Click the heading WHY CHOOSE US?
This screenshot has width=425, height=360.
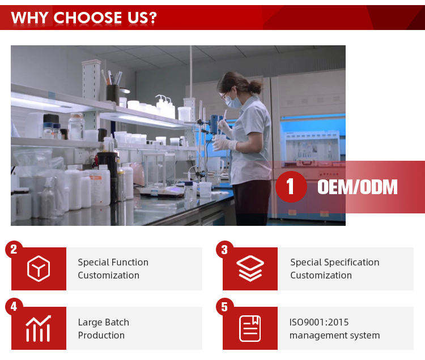[x=84, y=18]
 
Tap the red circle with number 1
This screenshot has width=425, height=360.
[x=291, y=186]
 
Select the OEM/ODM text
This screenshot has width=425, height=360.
[x=357, y=187]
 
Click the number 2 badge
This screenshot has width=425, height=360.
[x=14, y=249]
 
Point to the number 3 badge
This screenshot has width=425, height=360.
[x=224, y=249]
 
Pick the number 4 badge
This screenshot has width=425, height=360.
[x=14, y=306]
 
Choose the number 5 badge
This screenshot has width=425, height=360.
[x=224, y=307]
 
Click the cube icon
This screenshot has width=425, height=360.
[x=39, y=268]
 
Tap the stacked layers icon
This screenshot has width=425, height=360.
[x=250, y=268]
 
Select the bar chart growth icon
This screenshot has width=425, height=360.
[x=38, y=328]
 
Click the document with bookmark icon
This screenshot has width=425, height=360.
[x=250, y=328]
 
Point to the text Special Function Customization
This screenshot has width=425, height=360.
[x=113, y=269]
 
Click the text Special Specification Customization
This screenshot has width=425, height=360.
[x=335, y=269]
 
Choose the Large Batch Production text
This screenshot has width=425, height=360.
[x=104, y=329]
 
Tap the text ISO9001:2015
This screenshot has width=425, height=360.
[x=319, y=323]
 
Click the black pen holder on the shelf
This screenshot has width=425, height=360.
[x=113, y=94]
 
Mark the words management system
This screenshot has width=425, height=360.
[x=335, y=335]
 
